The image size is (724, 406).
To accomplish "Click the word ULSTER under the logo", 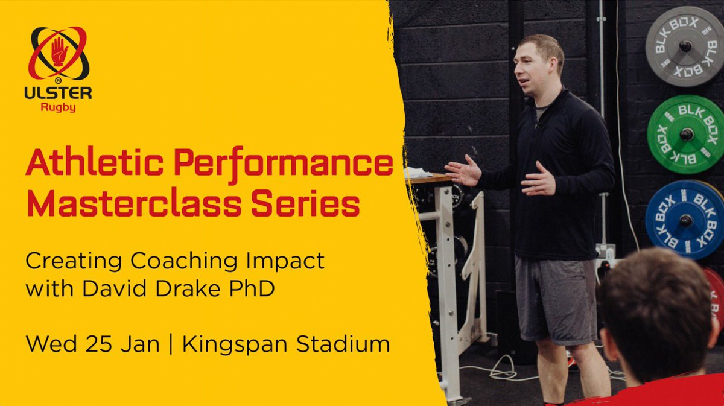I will [59, 94].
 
